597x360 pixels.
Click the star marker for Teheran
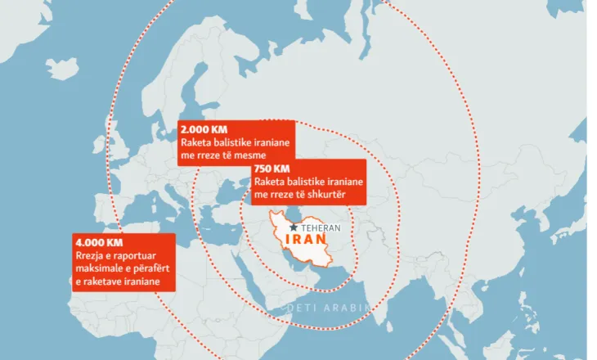[x=294, y=227]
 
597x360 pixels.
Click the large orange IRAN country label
[x=307, y=244]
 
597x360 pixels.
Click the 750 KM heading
[x=271, y=169]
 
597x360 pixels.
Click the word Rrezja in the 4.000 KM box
[x=88, y=256]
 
